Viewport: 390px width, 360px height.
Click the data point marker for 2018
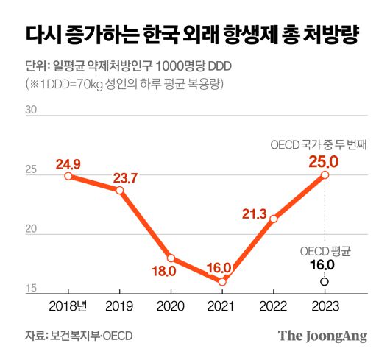[x=68, y=176]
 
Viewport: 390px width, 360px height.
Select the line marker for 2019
[x=120, y=190]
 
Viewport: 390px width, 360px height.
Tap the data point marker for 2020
[x=171, y=258]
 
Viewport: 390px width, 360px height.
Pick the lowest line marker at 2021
[x=222, y=282]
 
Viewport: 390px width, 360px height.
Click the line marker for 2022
[x=274, y=219]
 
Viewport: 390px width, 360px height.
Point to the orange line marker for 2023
[x=325, y=174]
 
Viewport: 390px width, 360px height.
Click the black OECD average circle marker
[x=325, y=281]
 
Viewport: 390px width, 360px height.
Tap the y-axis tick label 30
[x=32, y=110]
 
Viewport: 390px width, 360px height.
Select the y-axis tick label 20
[x=32, y=230]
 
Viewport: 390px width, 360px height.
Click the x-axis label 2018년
[x=68, y=306]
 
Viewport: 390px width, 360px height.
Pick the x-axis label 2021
[x=222, y=306]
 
